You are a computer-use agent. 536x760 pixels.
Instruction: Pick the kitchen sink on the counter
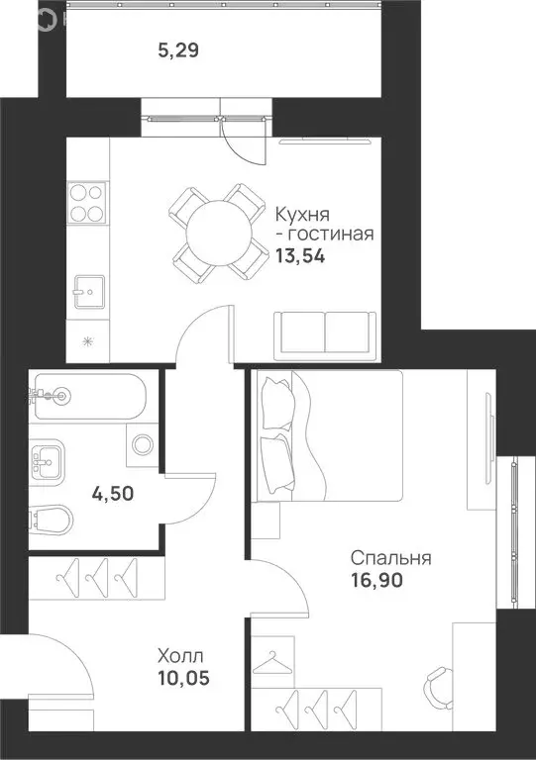point(87,290)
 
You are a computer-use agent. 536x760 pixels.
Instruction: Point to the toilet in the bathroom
point(48,520)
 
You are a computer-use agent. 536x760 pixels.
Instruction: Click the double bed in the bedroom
point(327,435)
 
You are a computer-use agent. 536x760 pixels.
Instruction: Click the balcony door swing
point(243,139)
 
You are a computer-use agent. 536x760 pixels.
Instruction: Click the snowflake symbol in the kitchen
point(86,342)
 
